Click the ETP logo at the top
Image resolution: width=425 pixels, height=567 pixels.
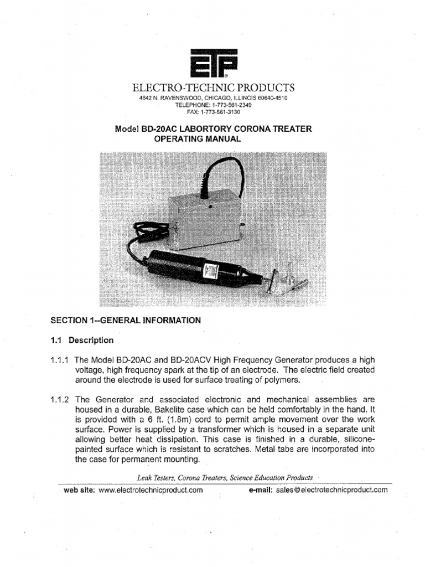tap(213, 64)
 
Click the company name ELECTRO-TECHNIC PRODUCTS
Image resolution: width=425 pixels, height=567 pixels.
tap(213, 88)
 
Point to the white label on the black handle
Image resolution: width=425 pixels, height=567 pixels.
tap(210, 270)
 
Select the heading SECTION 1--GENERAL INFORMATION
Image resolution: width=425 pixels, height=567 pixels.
tap(126, 320)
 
